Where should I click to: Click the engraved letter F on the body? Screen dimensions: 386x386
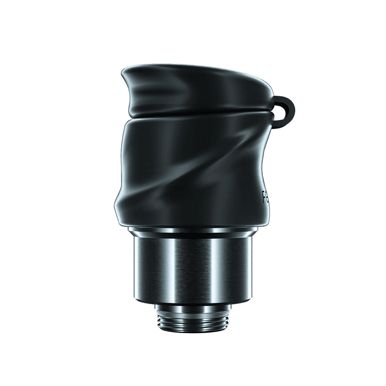pyautogui.click(x=265, y=196)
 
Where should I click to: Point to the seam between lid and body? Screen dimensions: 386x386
pyautogui.click(x=196, y=113)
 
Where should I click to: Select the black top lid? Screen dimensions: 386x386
pyautogui.click(x=196, y=89)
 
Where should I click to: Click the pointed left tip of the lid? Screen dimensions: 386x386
pyautogui.click(x=123, y=72)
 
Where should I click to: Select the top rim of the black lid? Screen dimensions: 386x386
pyautogui.click(x=196, y=68)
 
